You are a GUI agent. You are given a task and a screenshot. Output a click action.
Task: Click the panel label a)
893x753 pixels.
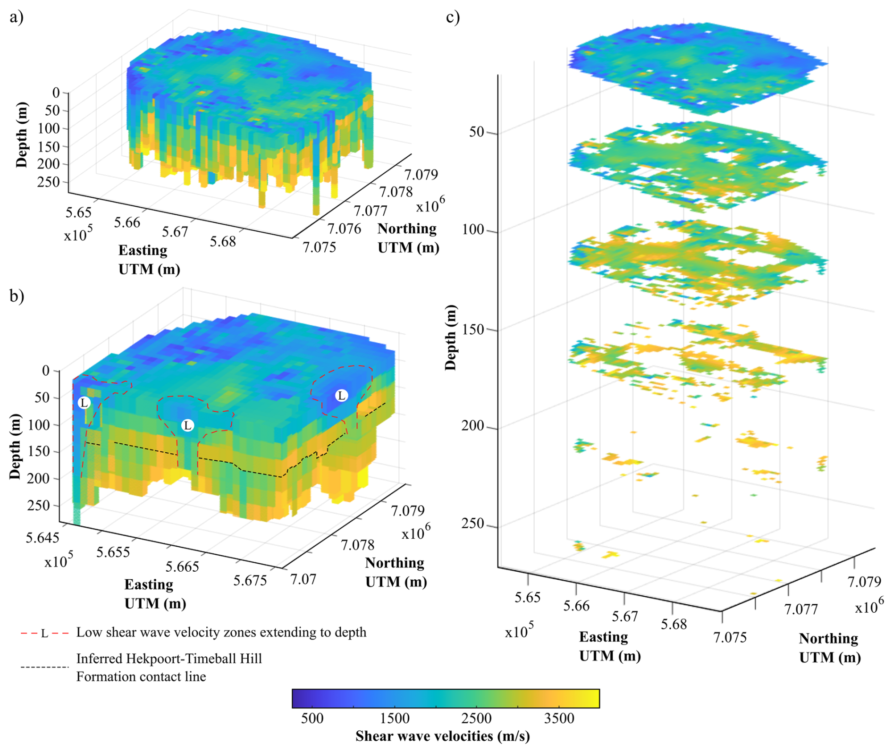(16, 17)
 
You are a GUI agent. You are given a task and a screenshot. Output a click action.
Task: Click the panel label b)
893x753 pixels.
(17, 296)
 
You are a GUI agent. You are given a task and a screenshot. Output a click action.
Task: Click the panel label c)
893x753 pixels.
(453, 17)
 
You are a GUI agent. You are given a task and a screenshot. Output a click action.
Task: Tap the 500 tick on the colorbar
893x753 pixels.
(312, 718)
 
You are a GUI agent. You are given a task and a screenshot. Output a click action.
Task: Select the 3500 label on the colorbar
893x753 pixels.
(559, 718)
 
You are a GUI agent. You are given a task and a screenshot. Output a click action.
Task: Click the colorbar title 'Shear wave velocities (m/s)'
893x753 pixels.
(442, 736)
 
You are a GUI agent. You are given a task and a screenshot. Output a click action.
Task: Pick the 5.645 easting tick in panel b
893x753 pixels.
(42, 537)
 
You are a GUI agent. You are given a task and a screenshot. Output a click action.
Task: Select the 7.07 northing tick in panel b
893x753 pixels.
(303, 579)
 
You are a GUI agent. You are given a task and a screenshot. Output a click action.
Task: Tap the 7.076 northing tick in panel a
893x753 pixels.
(344, 229)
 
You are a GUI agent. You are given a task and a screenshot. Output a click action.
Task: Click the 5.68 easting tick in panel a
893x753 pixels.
(223, 241)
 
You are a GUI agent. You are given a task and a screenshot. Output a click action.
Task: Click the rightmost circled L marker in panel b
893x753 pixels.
(341, 396)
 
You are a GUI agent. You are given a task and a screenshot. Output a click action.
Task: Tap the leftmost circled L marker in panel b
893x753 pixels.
(84, 403)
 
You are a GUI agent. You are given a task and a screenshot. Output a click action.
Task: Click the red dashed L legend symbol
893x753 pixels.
(44, 633)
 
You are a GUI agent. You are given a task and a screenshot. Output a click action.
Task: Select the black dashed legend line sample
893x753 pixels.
(44, 667)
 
